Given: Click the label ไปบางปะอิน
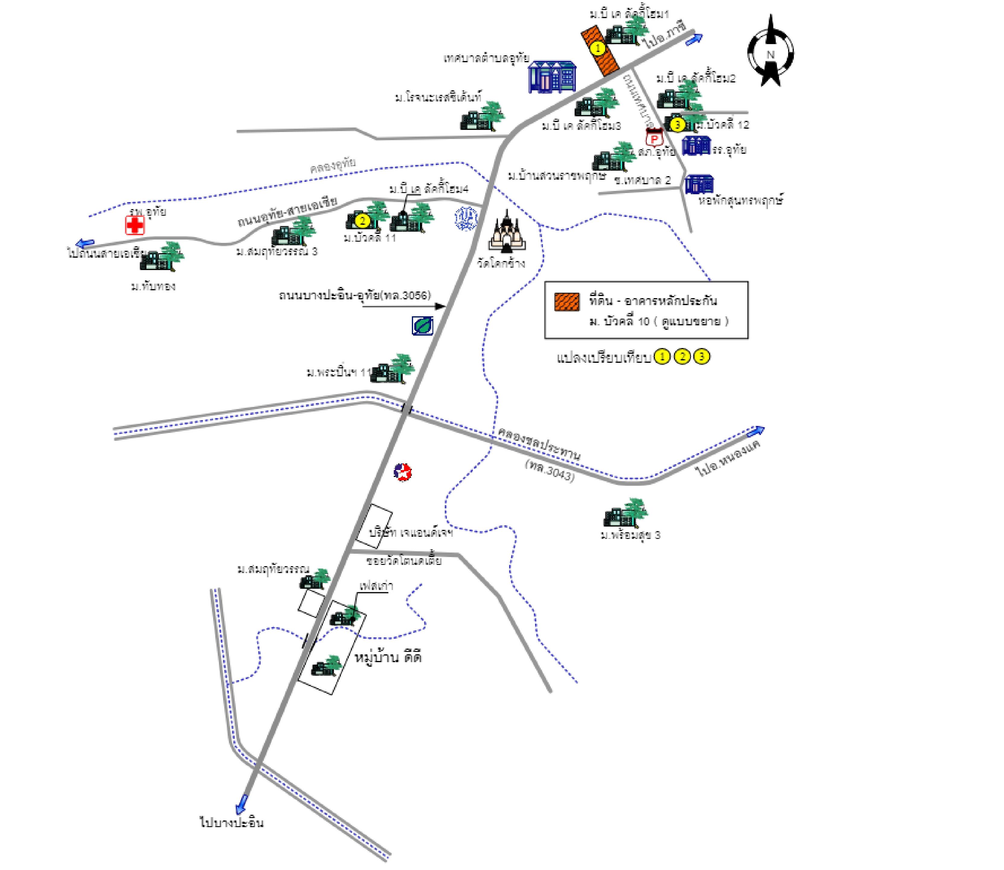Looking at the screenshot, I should click(x=232, y=822).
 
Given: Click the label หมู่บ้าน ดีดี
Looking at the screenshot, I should click(x=388, y=658).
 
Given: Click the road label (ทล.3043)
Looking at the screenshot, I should click(x=550, y=470).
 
